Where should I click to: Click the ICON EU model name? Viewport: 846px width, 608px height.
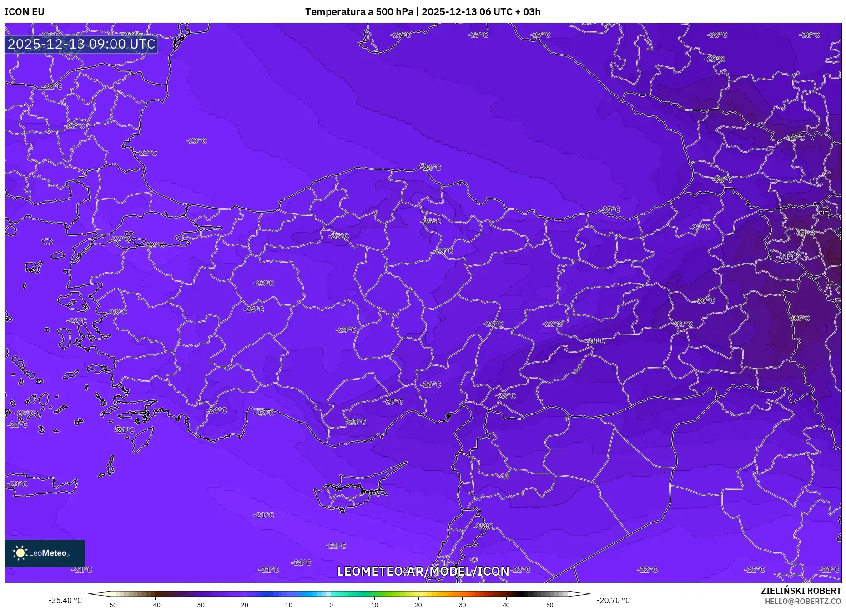(x=25, y=12)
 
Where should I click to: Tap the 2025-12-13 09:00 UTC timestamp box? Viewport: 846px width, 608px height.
(x=81, y=44)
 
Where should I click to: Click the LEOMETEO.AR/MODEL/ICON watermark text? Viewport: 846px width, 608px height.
(x=423, y=571)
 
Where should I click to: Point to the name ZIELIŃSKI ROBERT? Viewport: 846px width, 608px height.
(x=801, y=591)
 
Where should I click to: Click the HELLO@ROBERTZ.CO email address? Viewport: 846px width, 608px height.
(x=803, y=601)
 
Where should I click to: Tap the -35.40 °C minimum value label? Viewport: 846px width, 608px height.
(x=65, y=600)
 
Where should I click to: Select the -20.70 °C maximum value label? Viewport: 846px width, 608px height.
(x=613, y=600)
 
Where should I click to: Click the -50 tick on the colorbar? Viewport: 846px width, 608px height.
(x=111, y=604)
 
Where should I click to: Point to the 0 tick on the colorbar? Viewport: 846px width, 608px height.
(x=331, y=604)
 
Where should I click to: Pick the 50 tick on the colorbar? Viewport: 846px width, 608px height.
(x=550, y=604)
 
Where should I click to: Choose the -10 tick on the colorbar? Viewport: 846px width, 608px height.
(x=287, y=604)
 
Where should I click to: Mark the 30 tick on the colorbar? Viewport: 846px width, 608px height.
(x=462, y=604)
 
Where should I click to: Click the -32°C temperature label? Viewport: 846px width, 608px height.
(x=795, y=138)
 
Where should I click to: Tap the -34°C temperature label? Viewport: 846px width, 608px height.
(x=805, y=233)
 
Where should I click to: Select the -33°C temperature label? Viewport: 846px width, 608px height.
(x=800, y=318)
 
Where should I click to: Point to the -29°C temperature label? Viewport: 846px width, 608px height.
(x=715, y=59)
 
